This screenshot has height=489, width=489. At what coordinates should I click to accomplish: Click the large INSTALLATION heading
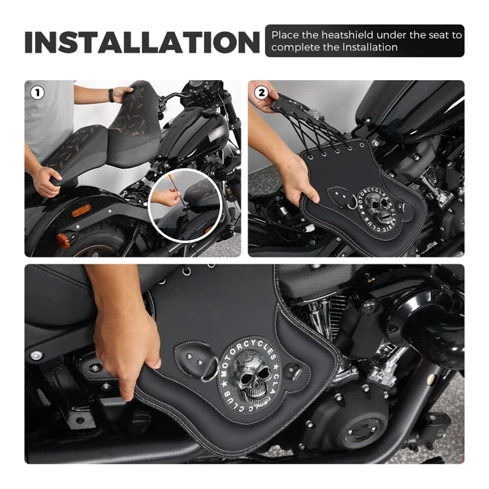click(143, 42)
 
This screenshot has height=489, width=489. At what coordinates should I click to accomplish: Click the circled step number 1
click(37, 92)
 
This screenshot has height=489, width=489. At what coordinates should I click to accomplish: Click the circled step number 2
click(261, 92)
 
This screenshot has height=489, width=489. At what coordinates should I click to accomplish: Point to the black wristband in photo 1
click(113, 95)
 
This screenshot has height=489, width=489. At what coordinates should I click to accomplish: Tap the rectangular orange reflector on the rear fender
click(80, 210)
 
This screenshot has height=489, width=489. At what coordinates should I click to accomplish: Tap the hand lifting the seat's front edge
click(47, 180)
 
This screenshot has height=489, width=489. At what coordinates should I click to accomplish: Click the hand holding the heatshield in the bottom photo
click(126, 336)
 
